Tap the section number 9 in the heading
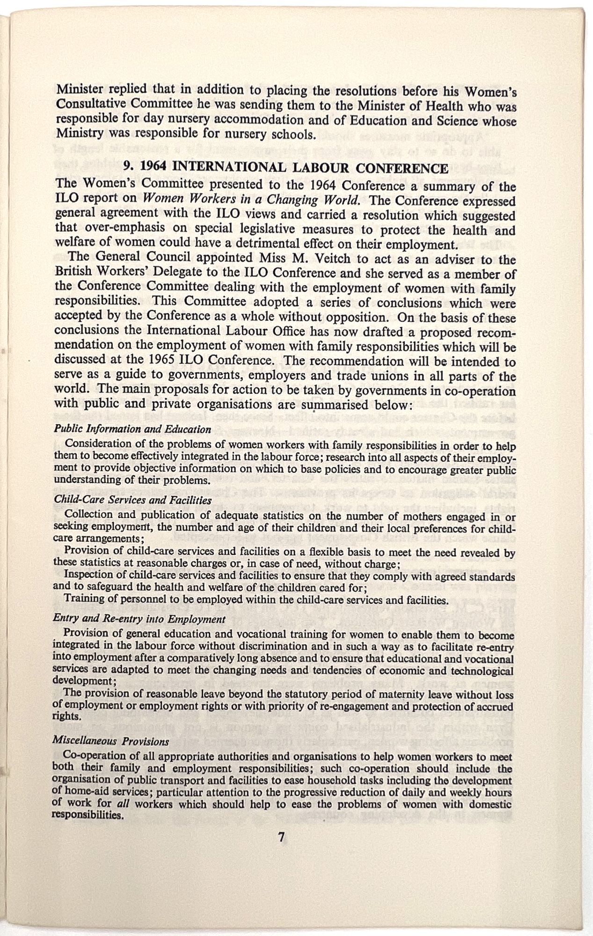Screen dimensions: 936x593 (x=126, y=168)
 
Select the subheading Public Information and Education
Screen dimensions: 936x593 (x=132, y=429)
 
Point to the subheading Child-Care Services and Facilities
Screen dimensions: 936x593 (x=132, y=499)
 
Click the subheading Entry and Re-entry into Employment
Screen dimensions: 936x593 (x=139, y=619)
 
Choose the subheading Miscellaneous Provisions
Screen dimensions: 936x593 (x=110, y=741)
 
